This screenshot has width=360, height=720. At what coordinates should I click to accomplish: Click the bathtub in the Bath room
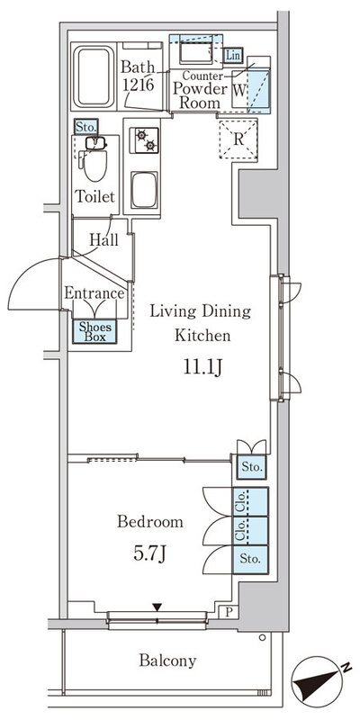pos(94,76)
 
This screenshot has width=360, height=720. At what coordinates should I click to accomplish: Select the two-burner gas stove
pos(145,139)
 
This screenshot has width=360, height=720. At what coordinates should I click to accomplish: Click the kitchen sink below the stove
pos(144,190)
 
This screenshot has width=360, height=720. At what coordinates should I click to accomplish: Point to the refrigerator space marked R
pos(238,139)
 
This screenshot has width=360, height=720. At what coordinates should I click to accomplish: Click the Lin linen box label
pos(233,56)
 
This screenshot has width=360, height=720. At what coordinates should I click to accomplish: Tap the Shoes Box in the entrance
pos(95,331)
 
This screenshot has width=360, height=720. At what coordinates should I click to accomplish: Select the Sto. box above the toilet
pos(85,126)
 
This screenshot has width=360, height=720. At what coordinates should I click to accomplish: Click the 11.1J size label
pos(203,368)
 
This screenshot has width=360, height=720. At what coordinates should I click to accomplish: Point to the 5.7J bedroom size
pos(149,554)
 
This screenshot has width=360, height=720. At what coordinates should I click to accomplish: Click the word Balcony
pos(168,661)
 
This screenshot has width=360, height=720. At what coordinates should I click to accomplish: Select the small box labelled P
pos(230,612)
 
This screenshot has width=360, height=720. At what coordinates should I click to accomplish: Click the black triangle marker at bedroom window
pos(157,607)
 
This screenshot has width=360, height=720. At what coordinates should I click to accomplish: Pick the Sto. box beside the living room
pos(252,467)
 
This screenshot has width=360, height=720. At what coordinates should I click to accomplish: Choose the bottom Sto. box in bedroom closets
pos(251,559)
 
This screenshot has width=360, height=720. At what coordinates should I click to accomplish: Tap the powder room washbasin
pos(195,52)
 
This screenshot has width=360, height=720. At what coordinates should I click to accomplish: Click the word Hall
pos(103,239)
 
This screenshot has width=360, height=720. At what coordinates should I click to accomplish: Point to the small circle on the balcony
pos(262,637)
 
